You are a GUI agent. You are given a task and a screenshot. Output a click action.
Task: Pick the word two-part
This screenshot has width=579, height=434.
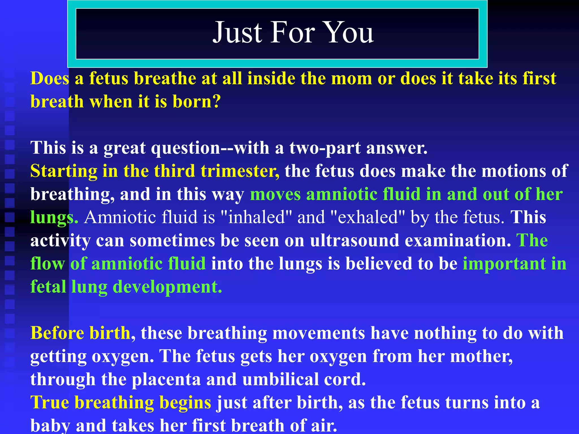tap(325, 148)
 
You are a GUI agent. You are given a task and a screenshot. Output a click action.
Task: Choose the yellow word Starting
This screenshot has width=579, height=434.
tap(64, 171)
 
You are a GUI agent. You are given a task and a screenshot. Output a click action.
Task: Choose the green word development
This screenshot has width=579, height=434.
tap(167, 287)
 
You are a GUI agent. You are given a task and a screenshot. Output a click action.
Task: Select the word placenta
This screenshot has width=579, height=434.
tap(166, 380)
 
